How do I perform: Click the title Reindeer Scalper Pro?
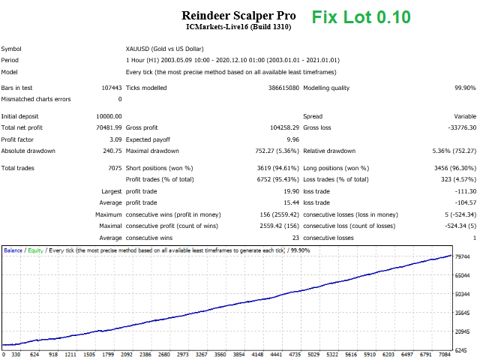click(238, 15)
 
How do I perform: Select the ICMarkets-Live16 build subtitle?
click(238, 28)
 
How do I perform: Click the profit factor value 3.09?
click(114, 139)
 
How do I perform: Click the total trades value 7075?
click(113, 168)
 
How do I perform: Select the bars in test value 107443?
click(108, 88)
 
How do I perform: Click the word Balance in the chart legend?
click(13, 250)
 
